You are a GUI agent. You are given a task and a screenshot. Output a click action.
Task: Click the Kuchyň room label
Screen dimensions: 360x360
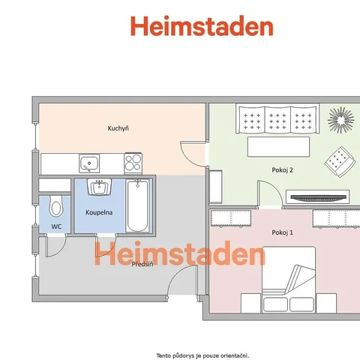pyautogui.click(x=118, y=128)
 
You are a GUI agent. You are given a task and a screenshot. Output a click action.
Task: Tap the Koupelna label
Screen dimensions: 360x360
pyautogui.click(x=99, y=212)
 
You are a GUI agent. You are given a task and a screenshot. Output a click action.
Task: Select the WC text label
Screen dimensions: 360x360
pyautogui.click(x=56, y=226)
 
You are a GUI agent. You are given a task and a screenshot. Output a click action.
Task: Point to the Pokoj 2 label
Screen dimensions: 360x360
pyautogui.click(x=282, y=170)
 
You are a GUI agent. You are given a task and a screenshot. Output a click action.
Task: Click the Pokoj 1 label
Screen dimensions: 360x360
pyautogui.click(x=282, y=232)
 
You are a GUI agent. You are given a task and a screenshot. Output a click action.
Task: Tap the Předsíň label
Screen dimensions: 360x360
pyautogui.click(x=142, y=264)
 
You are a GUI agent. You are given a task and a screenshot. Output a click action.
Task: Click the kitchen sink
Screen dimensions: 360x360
pyautogui.click(x=89, y=163)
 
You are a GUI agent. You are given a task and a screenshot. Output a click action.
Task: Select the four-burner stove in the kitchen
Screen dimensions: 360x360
pyautogui.click(x=133, y=163)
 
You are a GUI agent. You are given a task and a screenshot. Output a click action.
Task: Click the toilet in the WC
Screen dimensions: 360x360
pyautogui.click(x=55, y=206)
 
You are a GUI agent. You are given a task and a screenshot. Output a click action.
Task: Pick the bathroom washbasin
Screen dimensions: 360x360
pyautogui.click(x=100, y=187)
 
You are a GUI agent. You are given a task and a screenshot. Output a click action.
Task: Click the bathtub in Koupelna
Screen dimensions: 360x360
pyautogui.click(x=137, y=205)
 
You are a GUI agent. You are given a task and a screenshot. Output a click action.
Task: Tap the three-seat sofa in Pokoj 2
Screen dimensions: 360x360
pyautogui.click(x=277, y=118)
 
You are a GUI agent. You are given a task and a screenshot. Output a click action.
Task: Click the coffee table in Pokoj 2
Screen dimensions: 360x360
pyautogui.click(x=278, y=147)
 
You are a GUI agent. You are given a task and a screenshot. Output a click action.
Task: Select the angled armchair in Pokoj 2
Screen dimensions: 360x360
pyautogui.click(x=340, y=162)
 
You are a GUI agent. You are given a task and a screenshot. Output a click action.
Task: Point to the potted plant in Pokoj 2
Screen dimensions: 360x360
pyautogui.click(x=341, y=120)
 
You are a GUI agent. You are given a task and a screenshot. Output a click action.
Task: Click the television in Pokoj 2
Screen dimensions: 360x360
pyautogui.click(x=317, y=197)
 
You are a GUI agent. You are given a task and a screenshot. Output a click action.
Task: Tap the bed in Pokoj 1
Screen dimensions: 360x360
pyautogui.click(x=289, y=280)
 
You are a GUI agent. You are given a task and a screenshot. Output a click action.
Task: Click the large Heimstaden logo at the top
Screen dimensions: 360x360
pyautogui.click(x=202, y=26)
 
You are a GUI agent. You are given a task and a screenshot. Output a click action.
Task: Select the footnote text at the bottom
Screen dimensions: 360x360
pyautogui.click(x=202, y=355)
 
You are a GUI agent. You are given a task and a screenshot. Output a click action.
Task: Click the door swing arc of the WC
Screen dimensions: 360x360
pyautogui.click(x=61, y=250)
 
